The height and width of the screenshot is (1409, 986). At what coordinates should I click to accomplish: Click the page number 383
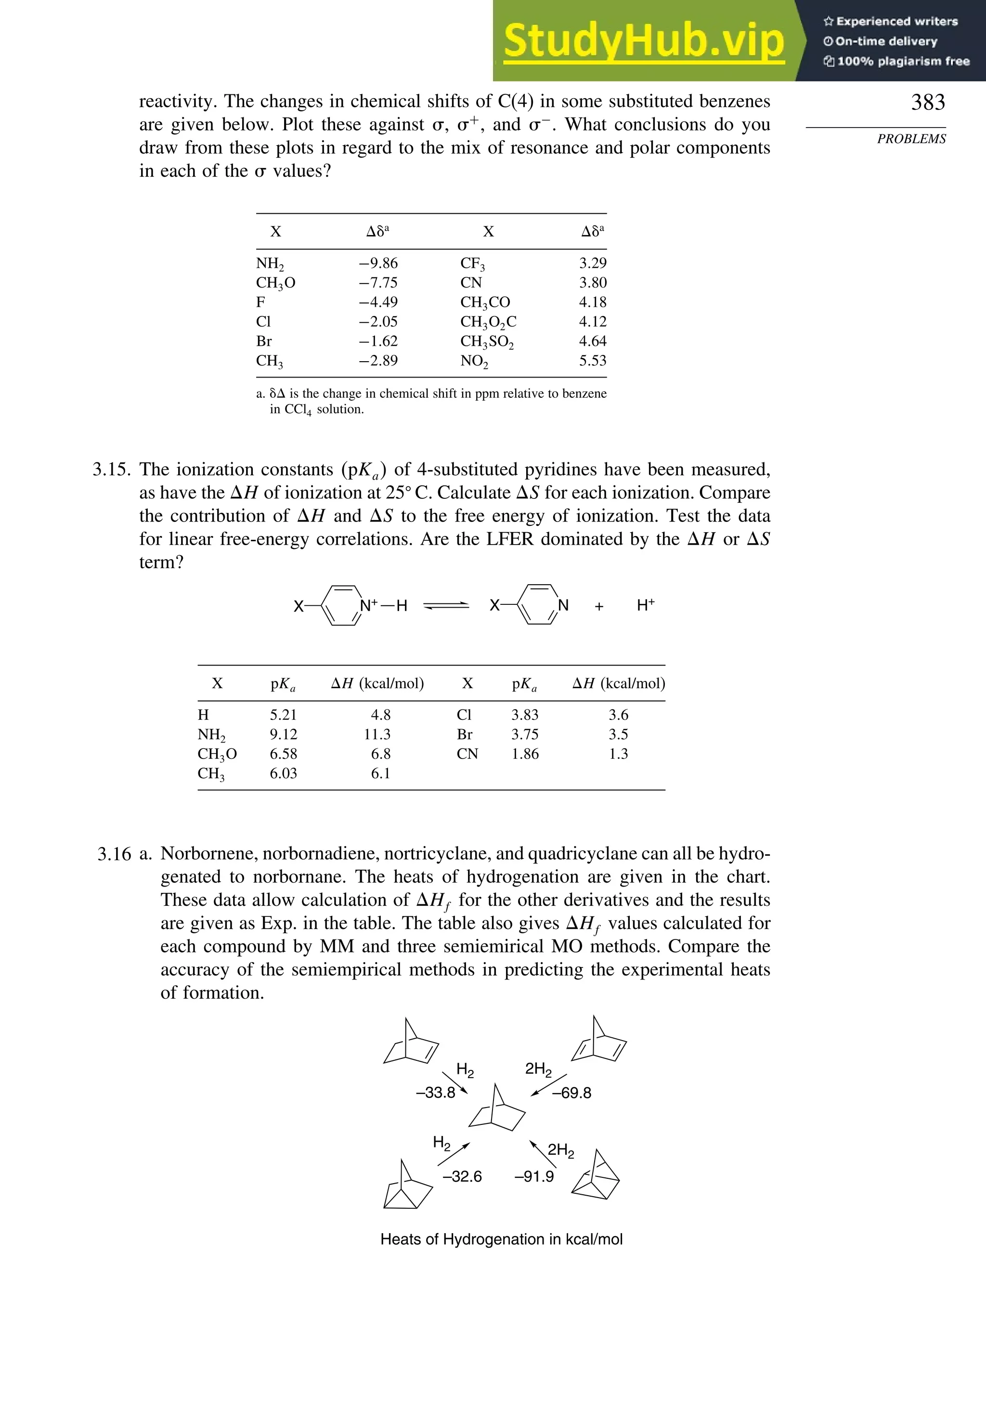coord(927,103)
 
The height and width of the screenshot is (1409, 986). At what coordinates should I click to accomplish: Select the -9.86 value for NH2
coord(378,263)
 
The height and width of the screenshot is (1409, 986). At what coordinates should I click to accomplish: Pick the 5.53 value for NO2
coord(592,361)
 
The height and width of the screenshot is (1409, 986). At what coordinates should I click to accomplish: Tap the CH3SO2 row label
coord(487,341)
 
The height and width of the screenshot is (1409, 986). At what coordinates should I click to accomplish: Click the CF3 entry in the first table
coord(472,263)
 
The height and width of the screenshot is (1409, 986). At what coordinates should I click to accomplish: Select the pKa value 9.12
coord(283,734)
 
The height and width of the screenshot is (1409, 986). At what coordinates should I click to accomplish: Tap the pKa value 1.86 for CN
coord(525,754)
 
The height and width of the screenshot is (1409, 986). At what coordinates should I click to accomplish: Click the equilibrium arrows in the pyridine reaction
coord(446,606)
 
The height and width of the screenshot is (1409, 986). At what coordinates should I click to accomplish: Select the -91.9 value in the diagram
coord(534,1176)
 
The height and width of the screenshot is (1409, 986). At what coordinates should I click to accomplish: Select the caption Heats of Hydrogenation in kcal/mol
coord(501,1239)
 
